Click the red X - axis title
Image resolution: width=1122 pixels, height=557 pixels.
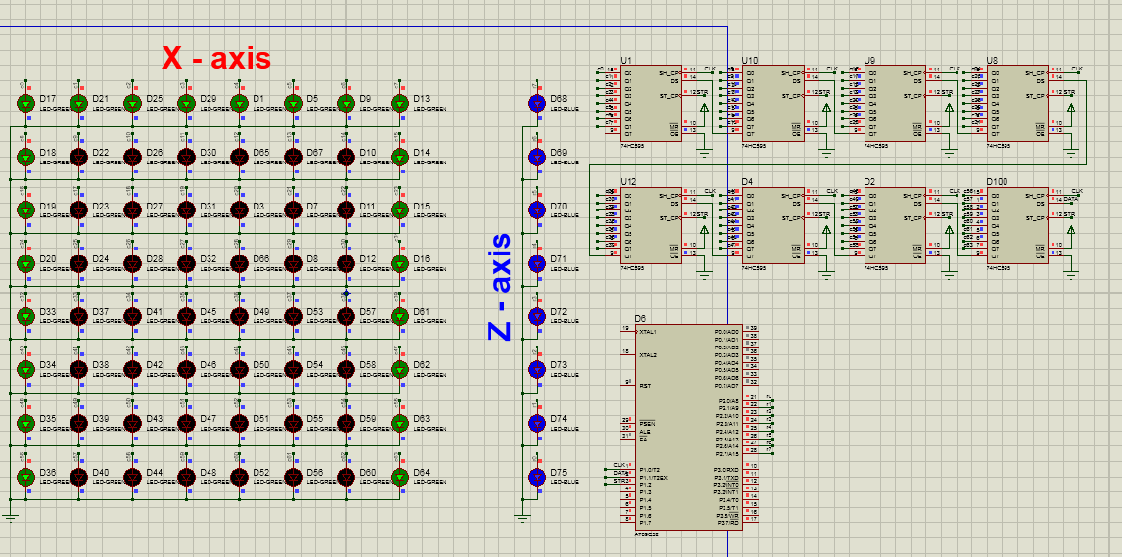point(215,58)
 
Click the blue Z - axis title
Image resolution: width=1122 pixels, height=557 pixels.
point(500,287)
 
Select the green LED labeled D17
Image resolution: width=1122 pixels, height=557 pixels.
point(25,103)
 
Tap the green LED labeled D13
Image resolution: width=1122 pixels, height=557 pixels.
point(398,103)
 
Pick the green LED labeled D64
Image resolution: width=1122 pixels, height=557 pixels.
point(398,477)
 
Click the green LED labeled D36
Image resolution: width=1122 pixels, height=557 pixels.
point(25,477)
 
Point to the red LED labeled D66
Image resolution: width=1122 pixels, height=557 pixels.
point(239,263)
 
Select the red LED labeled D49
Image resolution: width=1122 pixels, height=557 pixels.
point(239,316)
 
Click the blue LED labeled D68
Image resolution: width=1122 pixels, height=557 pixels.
point(536,103)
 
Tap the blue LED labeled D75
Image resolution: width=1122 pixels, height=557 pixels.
point(536,477)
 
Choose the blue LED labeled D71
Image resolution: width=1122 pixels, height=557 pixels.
point(536,263)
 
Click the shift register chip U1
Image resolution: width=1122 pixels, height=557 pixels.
point(650,103)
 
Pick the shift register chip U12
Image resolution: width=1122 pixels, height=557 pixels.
point(650,224)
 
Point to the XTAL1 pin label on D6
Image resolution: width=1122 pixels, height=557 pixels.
point(648,333)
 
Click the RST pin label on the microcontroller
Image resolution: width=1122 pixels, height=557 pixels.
point(645,386)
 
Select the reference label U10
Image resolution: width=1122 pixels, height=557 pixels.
point(750,60)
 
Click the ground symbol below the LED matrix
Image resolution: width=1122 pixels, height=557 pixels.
point(11,513)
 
